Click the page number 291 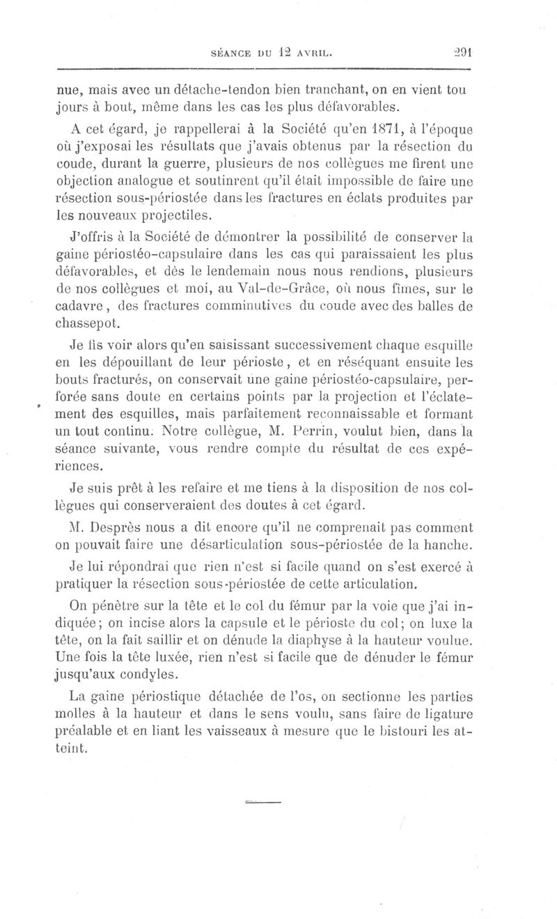click(462, 51)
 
